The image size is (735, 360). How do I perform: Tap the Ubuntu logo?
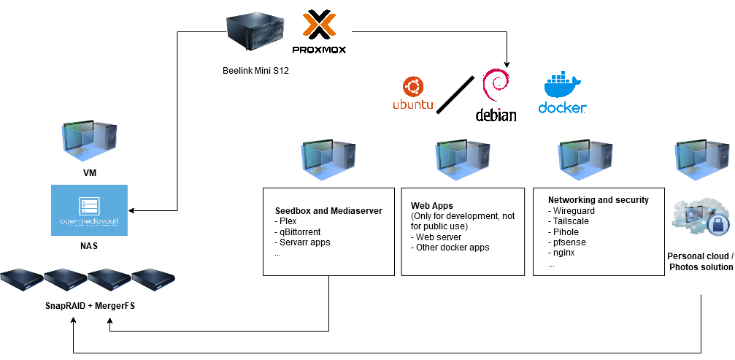point(413,93)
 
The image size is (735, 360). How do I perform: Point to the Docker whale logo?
point(562,93)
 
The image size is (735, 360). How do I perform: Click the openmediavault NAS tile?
point(89,210)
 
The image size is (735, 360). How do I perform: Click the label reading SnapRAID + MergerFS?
point(89,306)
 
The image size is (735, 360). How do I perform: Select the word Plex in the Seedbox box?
point(285,221)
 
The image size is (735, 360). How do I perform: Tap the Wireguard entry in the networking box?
point(574,211)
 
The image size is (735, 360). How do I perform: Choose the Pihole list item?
point(567,231)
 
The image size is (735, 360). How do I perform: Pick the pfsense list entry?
point(569,242)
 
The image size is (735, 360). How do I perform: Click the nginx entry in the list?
point(566,253)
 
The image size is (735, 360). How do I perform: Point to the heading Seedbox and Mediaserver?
point(328,211)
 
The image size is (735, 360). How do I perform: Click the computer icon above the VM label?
point(89,143)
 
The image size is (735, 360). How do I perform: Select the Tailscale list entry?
point(572,221)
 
